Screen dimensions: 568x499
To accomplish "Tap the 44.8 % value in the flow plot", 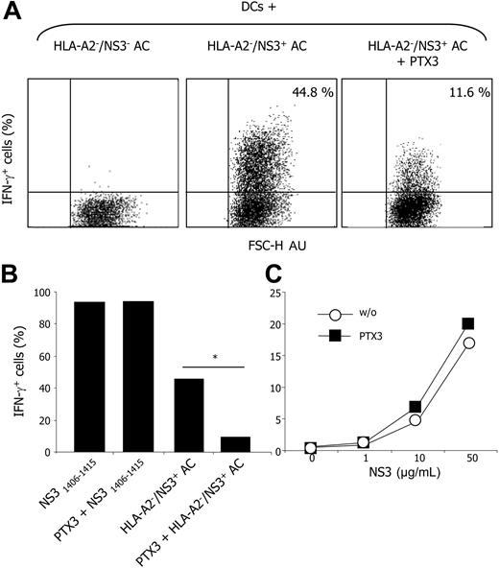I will pos(302,93).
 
